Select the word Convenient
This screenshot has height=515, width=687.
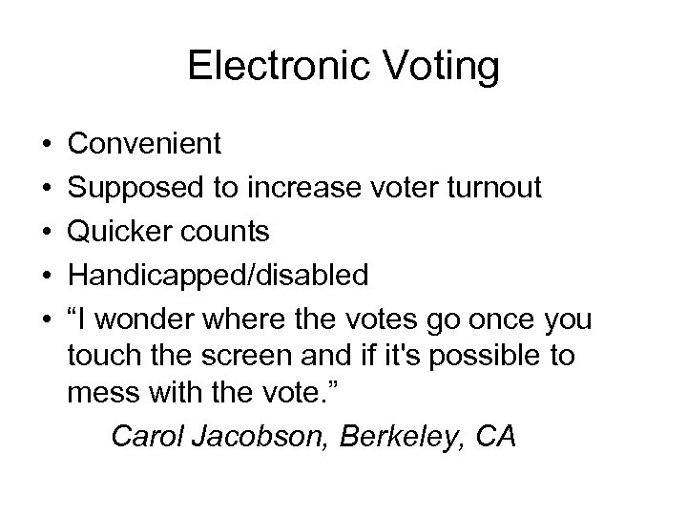[145, 145]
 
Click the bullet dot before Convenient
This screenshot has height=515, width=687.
[47, 145]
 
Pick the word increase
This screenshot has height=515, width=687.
[292, 189]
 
